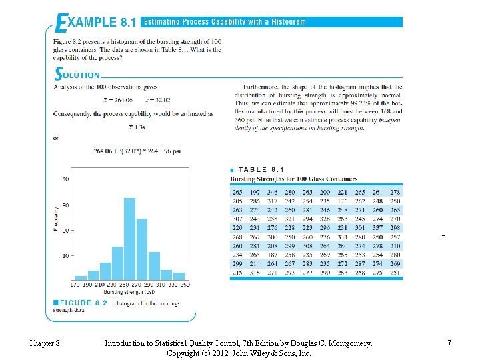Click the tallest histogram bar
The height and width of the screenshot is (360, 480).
point(130,239)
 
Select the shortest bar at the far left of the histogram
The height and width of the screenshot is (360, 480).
point(80,277)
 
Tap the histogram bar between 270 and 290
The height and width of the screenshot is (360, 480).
point(142,249)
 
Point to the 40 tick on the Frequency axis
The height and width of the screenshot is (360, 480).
point(65,179)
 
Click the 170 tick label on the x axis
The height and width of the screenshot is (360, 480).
point(74,285)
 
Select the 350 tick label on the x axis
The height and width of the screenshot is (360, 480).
point(184,285)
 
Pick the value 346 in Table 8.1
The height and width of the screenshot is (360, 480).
point(272,192)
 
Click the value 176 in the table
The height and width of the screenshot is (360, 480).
point(342,201)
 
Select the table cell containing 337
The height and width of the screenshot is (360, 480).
point(377,227)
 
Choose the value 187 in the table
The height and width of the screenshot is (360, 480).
point(272,255)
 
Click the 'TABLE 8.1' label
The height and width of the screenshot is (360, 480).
point(261,170)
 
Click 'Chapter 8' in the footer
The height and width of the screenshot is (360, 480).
point(44,343)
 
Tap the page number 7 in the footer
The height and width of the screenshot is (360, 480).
point(449,343)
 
